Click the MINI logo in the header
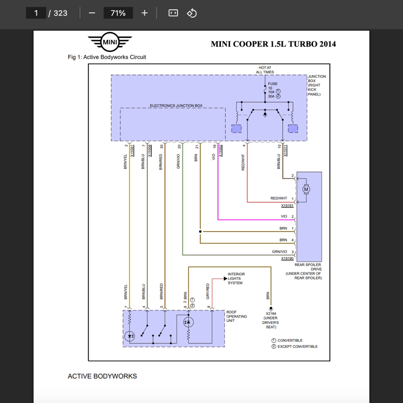[x=110, y=42]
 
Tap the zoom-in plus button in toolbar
[x=144, y=13]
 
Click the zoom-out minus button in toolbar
[x=92, y=13]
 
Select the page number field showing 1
[x=36, y=13]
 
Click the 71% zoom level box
[x=118, y=13]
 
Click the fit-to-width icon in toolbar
[x=173, y=13]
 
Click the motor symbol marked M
[x=306, y=190]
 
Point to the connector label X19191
[x=287, y=206]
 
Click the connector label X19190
[x=287, y=259]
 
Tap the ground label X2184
[x=271, y=313]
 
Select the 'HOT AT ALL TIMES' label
[x=265, y=70]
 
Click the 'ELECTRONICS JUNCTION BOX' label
[x=176, y=106]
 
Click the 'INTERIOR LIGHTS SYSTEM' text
[x=236, y=279]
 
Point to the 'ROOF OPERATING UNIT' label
[x=237, y=316]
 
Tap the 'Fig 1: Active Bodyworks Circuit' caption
[x=107, y=57]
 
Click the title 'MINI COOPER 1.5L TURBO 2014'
[x=273, y=44]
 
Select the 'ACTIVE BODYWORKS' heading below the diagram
[x=102, y=376]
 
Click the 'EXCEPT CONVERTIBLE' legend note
[x=297, y=346]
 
